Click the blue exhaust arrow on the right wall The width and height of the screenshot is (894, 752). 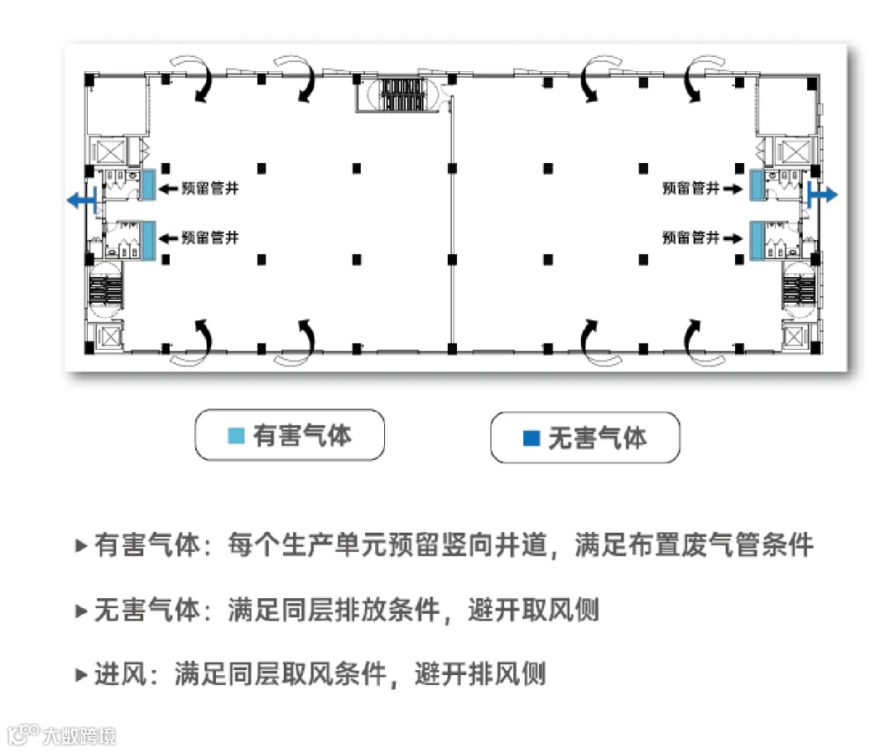[824, 194]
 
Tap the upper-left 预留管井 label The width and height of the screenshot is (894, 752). [209, 189]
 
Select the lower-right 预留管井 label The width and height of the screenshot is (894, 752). [690, 237]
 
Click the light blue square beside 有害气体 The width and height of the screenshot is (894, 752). [236, 435]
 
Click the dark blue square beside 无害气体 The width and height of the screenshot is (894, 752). [531, 438]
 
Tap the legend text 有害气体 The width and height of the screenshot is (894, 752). [302, 435]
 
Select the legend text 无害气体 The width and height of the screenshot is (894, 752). [597, 438]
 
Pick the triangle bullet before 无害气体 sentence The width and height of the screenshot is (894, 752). [80, 611]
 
